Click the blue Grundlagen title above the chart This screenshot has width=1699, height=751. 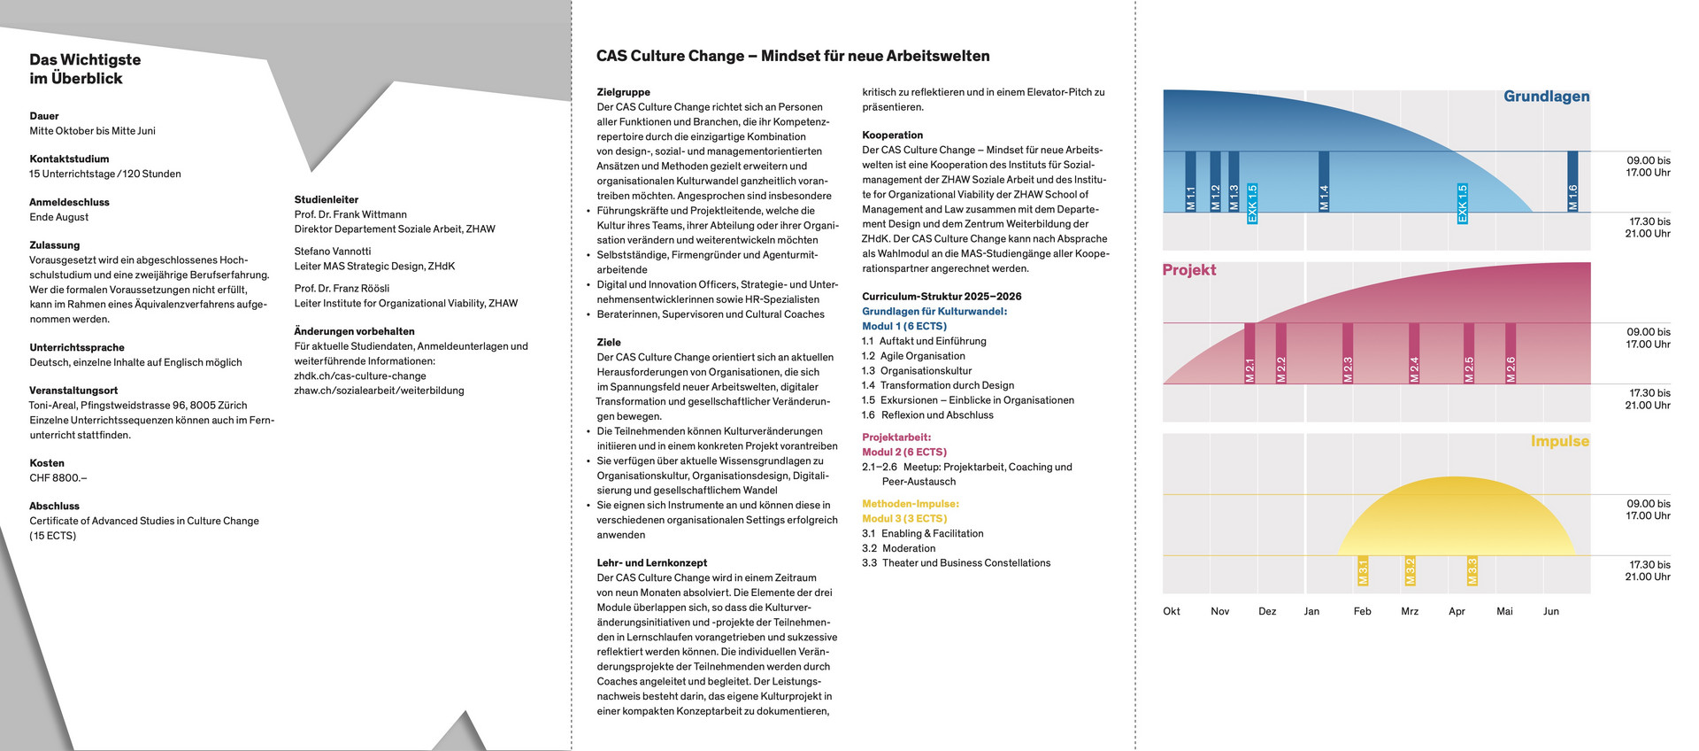1546,97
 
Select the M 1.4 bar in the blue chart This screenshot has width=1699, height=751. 1324,182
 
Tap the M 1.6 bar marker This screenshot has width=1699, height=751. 1572,182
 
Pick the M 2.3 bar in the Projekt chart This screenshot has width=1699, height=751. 1348,352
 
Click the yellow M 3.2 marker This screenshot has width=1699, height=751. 1410,570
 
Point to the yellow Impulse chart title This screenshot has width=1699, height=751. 1559,441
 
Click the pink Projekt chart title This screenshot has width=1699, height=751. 1188,270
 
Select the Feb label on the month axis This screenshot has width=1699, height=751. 1362,611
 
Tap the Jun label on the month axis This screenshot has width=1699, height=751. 1550,611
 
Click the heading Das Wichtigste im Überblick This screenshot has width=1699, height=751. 85,69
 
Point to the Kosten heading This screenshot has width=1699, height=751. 47,463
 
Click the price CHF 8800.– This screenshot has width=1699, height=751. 58,478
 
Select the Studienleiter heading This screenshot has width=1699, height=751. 327,200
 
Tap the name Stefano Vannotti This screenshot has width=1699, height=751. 333,252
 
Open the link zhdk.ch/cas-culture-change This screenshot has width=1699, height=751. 360,375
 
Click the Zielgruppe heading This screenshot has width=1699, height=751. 623,92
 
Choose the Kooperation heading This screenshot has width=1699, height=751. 892,135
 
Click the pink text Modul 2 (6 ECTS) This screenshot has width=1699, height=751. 903,453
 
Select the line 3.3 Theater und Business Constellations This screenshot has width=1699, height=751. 956,563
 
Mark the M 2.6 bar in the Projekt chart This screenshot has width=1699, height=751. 1511,352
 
